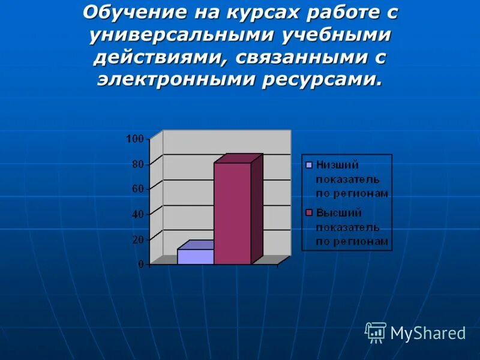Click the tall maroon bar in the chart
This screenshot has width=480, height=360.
(233, 213)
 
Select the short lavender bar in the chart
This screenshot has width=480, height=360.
(196, 256)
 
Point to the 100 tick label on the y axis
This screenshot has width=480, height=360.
(134, 139)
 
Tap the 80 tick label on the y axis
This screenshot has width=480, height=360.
(137, 164)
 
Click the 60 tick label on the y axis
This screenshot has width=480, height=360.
(137, 189)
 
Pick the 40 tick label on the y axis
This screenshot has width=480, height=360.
(137, 214)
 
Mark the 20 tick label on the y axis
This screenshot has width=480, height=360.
(137, 239)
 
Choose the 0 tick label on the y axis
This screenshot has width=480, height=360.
(140, 264)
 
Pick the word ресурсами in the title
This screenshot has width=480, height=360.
(321, 80)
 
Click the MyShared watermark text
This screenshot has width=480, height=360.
(428, 333)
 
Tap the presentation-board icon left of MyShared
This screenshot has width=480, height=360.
(376, 332)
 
